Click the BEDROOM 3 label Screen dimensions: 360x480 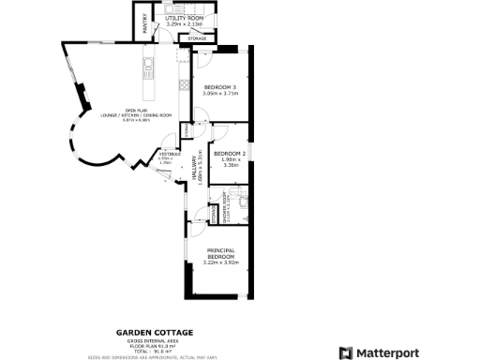[220, 87]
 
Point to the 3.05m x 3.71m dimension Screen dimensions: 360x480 [220, 94]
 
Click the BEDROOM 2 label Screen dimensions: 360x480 [229, 153]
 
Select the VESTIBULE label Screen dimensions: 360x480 [167, 153]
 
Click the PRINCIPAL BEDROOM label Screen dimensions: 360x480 [221, 252]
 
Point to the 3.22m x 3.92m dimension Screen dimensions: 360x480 [221, 262]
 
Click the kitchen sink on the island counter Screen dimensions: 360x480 [147, 67]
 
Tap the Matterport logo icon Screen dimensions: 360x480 [346, 352]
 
